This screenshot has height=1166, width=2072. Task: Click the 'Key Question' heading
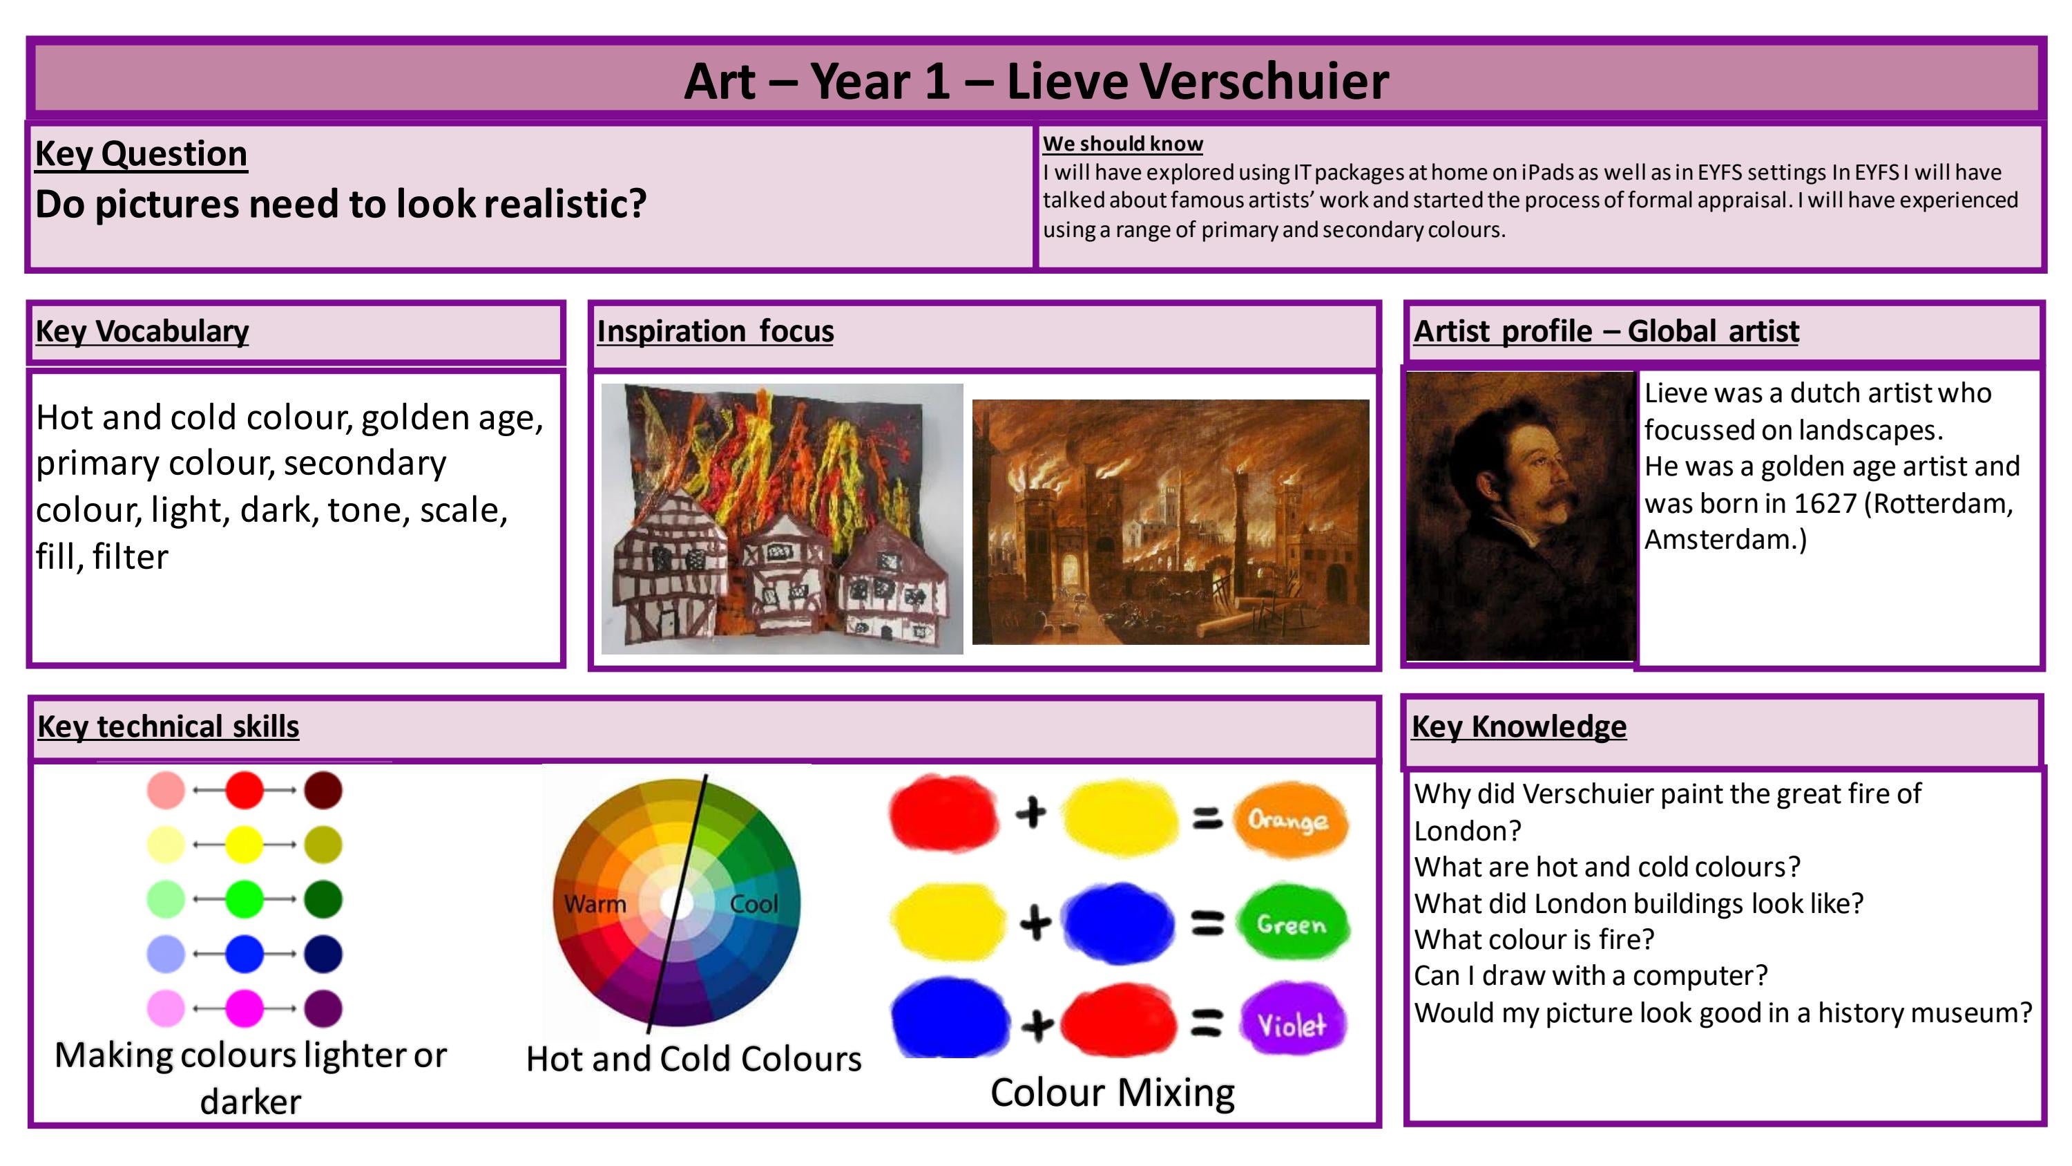(x=141, y=153)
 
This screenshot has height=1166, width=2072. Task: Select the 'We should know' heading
(x=1122, y=143)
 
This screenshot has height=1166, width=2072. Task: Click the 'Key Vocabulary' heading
(x=142, y=332)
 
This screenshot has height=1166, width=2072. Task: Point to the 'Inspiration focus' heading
(x=714, y=332)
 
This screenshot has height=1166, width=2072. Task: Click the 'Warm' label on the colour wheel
(x=595, y=903)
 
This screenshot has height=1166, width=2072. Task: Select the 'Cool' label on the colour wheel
(x=754, y=903)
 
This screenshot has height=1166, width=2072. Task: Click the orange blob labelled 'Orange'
(x=1289, y=820)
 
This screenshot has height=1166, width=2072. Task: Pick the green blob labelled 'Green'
(x=1291, y=924)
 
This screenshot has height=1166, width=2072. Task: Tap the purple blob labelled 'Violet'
(x=1292, y=1024)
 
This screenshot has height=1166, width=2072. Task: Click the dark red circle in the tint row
(x=323, y=790)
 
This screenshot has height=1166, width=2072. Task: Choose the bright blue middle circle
(x=244, y=955)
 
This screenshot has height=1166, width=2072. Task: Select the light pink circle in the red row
(x=166, y=790)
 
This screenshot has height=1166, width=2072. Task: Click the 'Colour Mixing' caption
(x=1113, y=1093)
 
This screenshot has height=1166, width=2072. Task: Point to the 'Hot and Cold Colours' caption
(x=693, y=1059)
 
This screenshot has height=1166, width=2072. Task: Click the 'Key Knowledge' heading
(x=1519, y=726)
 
